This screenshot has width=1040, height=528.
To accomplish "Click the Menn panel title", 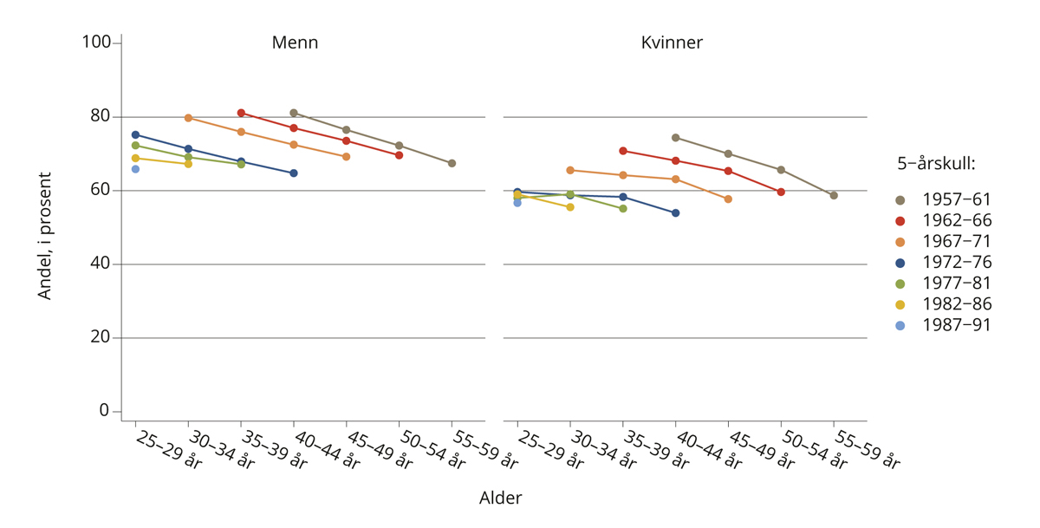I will tap(295, 42).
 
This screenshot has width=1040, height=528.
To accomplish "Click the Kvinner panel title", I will tap(672, 42).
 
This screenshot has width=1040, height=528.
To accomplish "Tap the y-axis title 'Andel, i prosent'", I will tap(45, 236).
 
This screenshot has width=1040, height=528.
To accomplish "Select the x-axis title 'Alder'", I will tap(500, 499).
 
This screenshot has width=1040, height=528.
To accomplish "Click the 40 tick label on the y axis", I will tap(101, 264).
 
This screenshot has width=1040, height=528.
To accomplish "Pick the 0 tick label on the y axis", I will tap(105, 411).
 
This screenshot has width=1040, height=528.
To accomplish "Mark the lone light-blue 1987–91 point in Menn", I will tap(135, 169).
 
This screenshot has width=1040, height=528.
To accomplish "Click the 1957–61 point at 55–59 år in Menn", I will tap(452, 163).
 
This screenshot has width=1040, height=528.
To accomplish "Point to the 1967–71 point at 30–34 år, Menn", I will tap(188, 118).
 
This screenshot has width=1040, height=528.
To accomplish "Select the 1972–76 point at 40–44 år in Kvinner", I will tap(675, 212).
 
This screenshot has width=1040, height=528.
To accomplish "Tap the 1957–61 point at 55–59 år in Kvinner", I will tap(833, 195).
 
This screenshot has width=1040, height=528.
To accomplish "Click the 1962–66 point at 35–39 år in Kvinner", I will tap(622, 151).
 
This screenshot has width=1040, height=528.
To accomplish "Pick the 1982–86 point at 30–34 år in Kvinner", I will tap(569, 207).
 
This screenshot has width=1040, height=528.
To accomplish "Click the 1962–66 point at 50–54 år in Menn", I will tap(399, 155).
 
